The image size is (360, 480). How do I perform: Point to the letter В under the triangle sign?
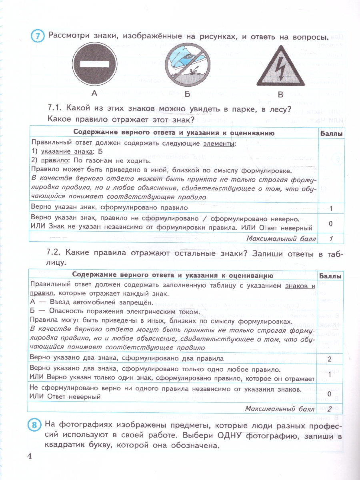[280, 95]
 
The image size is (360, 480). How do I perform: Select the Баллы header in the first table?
[332, 134]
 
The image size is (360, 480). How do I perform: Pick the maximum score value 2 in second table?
[330, 408]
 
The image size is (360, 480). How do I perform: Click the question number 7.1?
[54, 108]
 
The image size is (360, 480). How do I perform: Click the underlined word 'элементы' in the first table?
[220, 143]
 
